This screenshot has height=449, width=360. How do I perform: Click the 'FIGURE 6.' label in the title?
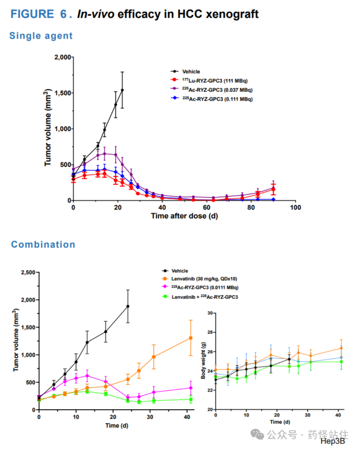pos(41,14)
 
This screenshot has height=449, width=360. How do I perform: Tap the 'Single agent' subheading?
pos(41,36)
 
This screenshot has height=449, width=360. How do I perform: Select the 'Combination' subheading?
pos(43,244)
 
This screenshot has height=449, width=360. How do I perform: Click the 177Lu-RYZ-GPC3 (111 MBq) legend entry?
pos(209,80)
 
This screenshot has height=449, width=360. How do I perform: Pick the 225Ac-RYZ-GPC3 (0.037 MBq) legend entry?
pos(211,90)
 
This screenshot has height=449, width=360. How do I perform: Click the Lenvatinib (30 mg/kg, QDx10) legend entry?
pos(200,279)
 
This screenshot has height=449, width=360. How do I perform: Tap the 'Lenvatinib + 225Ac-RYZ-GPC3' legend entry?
pos(200,297)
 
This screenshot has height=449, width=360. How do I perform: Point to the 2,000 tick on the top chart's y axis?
pos(63,57)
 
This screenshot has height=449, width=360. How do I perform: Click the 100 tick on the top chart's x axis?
pos(296,207)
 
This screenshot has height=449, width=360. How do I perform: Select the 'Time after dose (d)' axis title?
pos(184,216)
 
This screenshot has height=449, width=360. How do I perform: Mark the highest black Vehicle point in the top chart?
pos(122,90)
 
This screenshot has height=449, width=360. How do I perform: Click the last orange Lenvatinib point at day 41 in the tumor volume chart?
pos(191,338)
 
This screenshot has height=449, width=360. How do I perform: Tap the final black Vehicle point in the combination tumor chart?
pos(128,306)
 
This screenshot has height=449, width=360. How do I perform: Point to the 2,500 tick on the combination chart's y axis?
pos(28,272)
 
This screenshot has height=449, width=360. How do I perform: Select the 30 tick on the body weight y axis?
pos(210,313)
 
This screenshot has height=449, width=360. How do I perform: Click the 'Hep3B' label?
pos(333,441)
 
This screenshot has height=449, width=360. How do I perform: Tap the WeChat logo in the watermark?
pos(257,434)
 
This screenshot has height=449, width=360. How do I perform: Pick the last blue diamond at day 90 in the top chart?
pos(273,199)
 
